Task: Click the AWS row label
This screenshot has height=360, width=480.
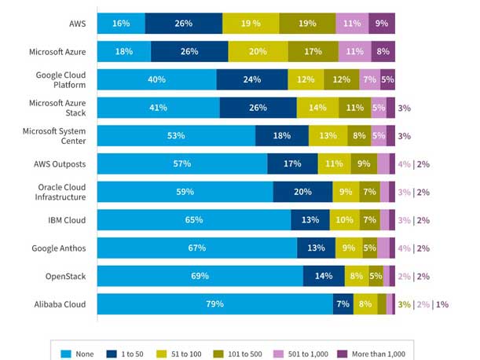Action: pyautogui.click(x=76, y=24)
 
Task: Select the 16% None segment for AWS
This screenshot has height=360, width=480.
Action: pyautogui.click(x=121, y=24)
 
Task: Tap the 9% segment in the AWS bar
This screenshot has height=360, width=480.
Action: pyautogui.click(x=382, y=24)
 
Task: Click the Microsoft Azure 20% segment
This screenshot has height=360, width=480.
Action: pyautogui.click(x=258, y=52)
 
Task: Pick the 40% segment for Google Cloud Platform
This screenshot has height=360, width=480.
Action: pyautogui.click(x=156, y=79)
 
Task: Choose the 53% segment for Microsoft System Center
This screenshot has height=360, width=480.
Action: pyautogui.click(x=176, y=136)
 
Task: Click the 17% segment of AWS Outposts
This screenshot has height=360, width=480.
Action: pyautogui.click(x=292, y=164)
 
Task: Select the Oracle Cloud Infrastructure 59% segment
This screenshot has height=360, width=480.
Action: pyautogui.click(x=185, y=192)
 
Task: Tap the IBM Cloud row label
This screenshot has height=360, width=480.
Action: pyautogui.click(x=67, y=220)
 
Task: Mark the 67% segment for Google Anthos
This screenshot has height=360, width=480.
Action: pyautogui.click(x=196, y=248)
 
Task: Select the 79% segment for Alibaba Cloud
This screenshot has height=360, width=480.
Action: pyautogui.click(x=214, y=304)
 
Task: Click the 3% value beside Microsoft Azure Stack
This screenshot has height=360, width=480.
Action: pyautogui.click(x=404, y=108)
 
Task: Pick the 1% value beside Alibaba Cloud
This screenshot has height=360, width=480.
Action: pyautogui.click(x=442, y=304)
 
